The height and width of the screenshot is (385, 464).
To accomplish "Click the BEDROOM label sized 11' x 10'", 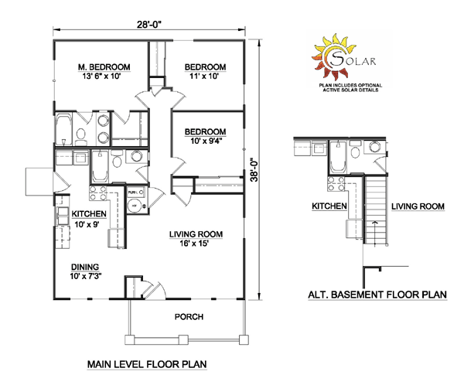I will (x=203, y=66).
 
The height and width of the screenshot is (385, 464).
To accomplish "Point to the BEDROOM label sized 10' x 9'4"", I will (x=203, y=131).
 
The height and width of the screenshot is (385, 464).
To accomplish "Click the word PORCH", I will (x=187, y=317).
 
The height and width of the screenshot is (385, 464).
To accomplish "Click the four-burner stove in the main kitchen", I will (x=100, y=192).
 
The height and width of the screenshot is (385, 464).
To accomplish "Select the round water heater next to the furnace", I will (x=134, y=206).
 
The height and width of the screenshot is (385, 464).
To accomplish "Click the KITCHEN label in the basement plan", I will (x=329, y=206).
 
